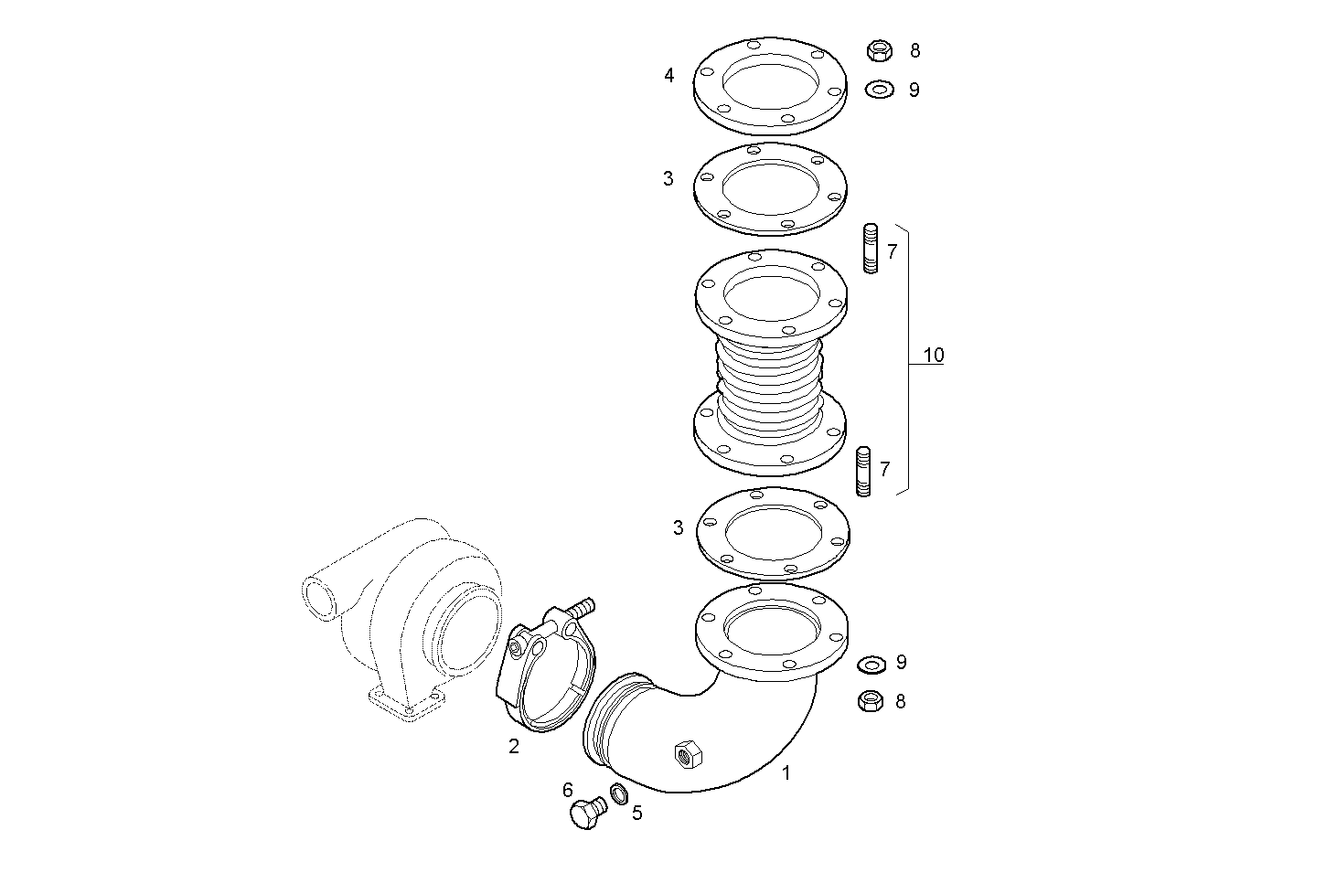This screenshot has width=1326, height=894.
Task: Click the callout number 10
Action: pyautogui.click(x=933, y=355)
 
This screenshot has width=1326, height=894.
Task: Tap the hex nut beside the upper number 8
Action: pyautogui.click(x=879, y=50)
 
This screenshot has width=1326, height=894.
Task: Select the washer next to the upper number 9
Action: pyautogui.click(x=879, y=90)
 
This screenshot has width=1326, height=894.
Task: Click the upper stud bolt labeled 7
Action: pyautogui.click(x=871, y=248)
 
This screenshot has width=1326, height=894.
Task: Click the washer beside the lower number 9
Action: pyautogui.click(x=872, y=662)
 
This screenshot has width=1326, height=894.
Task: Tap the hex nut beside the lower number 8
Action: pyautogui.click(x=871, y=701)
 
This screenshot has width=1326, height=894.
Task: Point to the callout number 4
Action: pyautogui.click(x=669, y=76)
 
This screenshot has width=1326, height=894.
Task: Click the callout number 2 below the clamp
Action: pyautogui.click(x=514, y=747)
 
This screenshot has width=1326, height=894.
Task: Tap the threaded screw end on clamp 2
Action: pyautogui.click(x=582, y=606)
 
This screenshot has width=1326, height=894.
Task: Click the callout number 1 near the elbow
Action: pyautogui.click(x=786, y=773)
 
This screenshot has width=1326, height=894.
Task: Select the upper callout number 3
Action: pyautogui.click(x=668, y=179)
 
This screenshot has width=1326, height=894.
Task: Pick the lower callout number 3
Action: pyautogui.click(x=678, y=527)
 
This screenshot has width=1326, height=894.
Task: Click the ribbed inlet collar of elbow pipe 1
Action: pyautogui.click(x=608, y=722)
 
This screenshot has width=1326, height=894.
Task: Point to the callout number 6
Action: pyautogui.click(x=567, y=790)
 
